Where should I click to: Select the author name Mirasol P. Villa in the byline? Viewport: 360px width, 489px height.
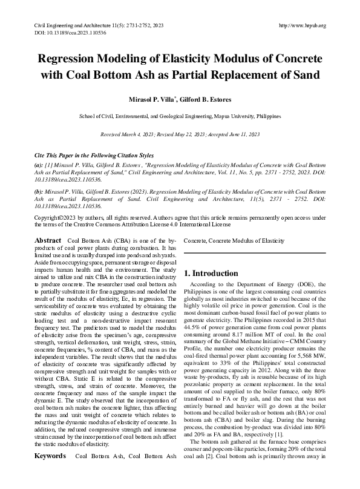point(150,98)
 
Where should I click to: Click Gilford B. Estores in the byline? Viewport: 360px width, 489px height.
point(206,98)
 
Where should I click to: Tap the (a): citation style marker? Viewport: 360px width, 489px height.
point(39,165)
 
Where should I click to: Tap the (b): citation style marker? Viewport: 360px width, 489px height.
point(39,191)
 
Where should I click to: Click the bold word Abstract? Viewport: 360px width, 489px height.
point(48,240)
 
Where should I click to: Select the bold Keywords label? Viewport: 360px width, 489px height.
point(50,472)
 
